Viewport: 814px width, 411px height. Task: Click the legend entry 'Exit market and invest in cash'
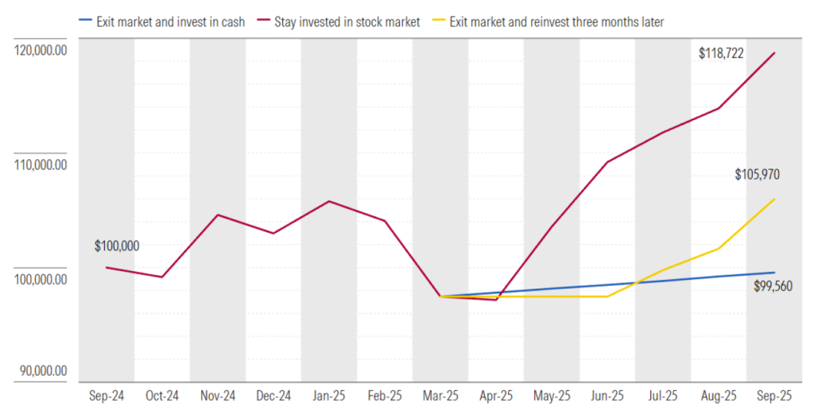170,22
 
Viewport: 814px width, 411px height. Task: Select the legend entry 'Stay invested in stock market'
347,22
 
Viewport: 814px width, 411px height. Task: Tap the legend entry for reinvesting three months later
556,22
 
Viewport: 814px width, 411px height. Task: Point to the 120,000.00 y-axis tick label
40,51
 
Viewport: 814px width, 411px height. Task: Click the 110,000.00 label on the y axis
40,165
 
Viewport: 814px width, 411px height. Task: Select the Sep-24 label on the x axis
107,395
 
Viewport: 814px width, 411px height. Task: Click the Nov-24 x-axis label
218,395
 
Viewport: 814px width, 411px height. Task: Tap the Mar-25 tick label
440,395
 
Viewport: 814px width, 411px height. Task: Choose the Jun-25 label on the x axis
607,395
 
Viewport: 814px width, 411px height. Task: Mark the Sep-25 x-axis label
774,395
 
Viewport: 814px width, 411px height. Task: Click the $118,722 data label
721,54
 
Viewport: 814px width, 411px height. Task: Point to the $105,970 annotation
756,174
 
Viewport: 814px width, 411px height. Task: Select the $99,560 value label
773,286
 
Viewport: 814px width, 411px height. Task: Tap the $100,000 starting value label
117,246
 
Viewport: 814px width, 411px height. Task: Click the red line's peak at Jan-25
329,201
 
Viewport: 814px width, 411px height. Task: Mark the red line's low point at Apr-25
496,300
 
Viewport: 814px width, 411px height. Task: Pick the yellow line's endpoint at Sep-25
774,199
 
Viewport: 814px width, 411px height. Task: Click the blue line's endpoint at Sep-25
774,273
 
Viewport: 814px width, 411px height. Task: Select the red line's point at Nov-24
218,215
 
